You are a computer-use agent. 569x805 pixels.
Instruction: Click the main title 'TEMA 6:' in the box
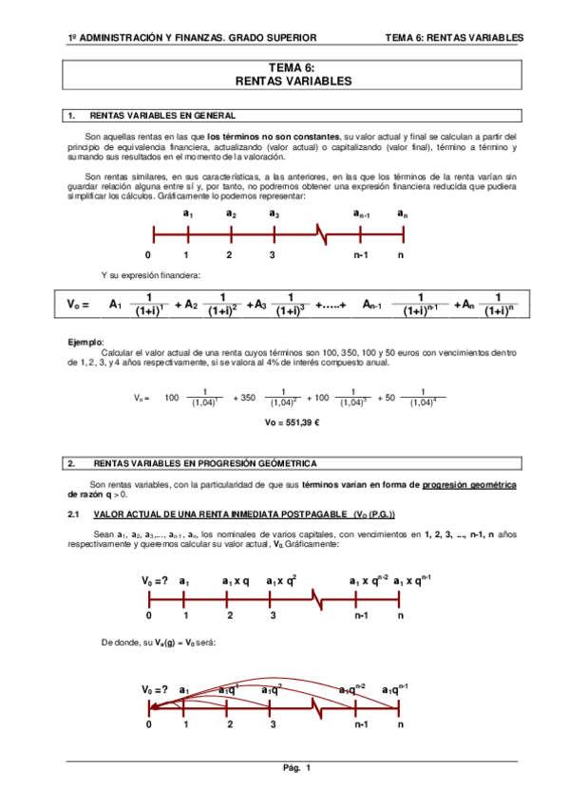pos(292,68)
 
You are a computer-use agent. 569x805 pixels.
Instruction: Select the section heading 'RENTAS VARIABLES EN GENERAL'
pos(161,116)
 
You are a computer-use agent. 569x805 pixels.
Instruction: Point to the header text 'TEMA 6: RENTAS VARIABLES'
pos(454,38)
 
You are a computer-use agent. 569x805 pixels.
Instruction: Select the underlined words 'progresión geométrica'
pos(469,484)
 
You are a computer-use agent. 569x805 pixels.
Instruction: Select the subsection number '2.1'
pos(72,514)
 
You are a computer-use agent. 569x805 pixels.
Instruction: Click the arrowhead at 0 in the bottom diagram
pos(153,704)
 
